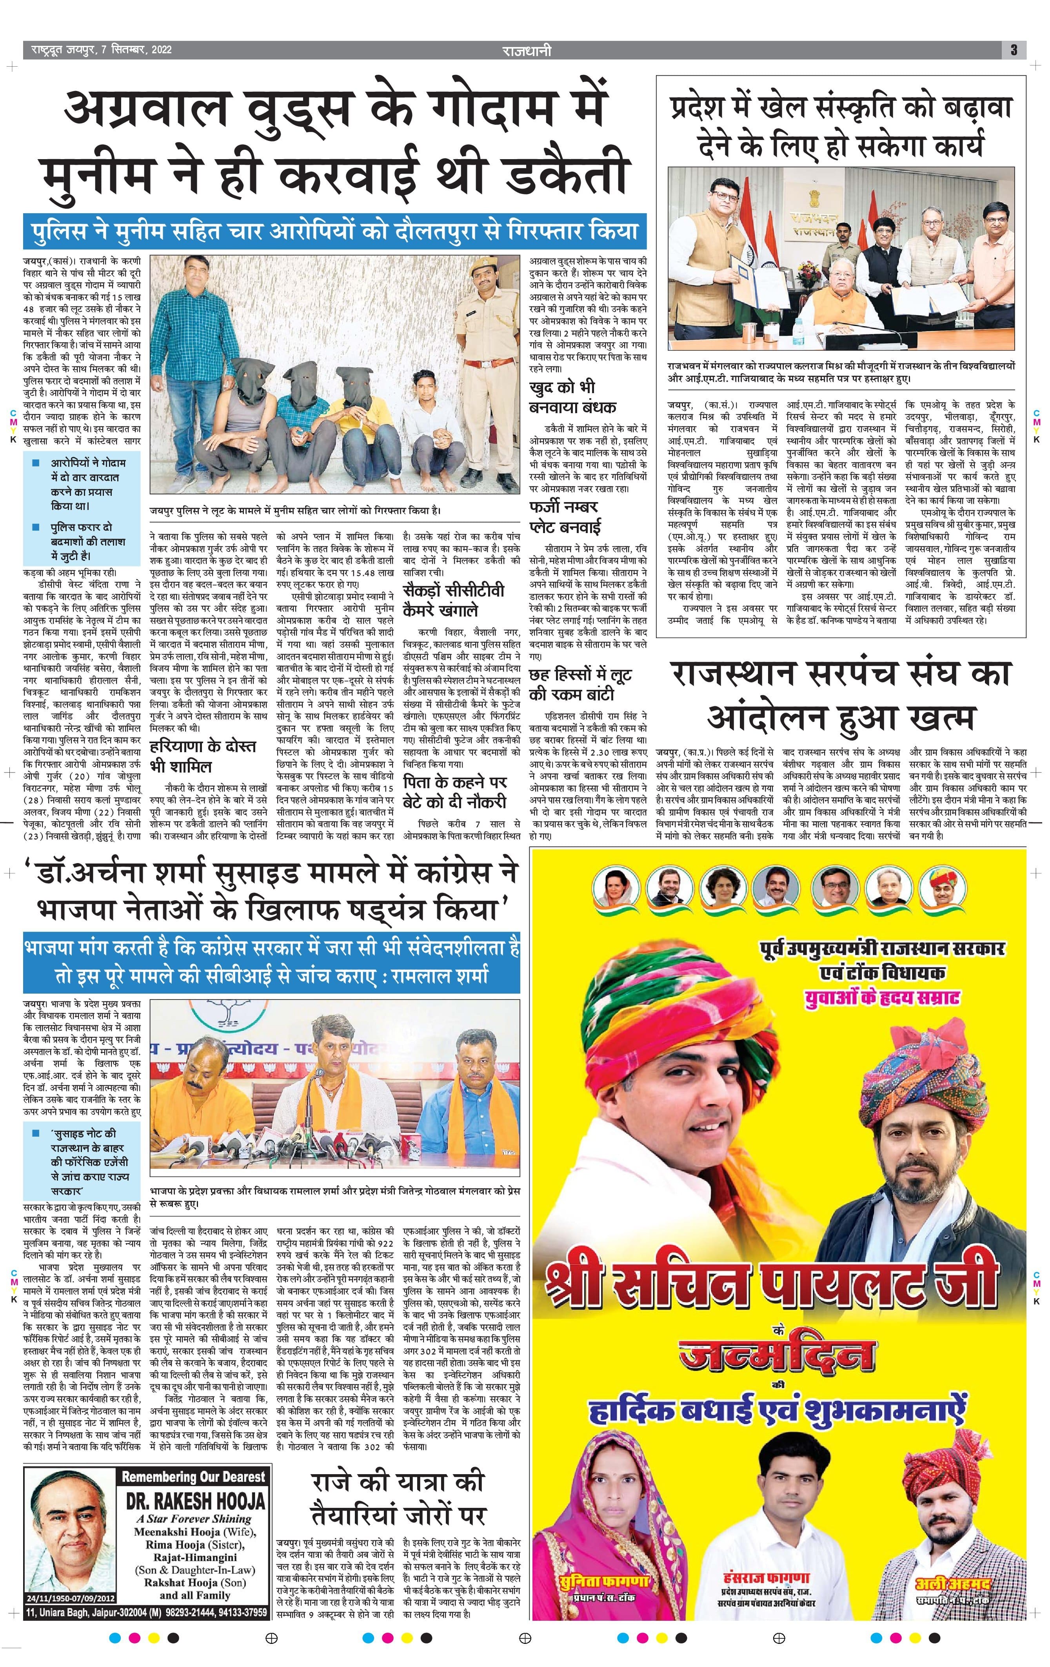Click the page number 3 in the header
point(1013,50)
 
